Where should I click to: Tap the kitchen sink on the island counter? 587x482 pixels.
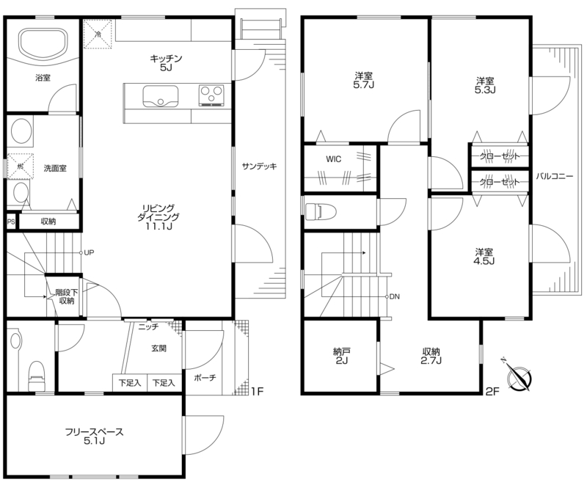coord(161,96)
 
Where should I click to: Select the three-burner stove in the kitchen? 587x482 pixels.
coord(211,95)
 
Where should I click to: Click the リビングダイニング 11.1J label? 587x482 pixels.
coord(158,217)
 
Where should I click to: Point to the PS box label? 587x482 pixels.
coord(11,222)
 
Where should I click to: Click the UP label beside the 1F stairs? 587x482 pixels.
coord(89,253)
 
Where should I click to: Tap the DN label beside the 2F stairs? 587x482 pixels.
coord(395,297)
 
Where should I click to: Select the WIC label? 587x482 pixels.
coord(334,159)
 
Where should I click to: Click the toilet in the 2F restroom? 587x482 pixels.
coord(321,211)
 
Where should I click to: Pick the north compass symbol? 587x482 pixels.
coord(518,376)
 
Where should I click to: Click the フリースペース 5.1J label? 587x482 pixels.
coord(95,437)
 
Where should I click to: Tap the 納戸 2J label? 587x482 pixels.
coord(341,357)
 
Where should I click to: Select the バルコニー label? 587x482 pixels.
coord(554,176)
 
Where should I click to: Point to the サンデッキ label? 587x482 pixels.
coord(259,167)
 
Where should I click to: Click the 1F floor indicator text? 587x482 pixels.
coord(258,392)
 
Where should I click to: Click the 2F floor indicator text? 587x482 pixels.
coord(492,392)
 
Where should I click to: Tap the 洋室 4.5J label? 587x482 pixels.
coord(485,256)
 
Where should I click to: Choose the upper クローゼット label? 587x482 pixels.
coord(500,156)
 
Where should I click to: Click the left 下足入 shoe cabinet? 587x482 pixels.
coord(130,383)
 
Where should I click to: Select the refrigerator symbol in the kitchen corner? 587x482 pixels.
coord(98,34)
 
